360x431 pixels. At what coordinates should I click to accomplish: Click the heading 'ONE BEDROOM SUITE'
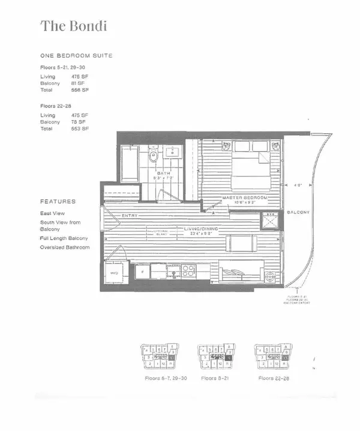[x=76, y=56]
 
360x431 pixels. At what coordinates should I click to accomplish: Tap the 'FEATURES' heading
[x=58, y=202]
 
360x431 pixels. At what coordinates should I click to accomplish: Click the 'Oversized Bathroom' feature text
[x=65, y=247]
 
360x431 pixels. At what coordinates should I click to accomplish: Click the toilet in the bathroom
[x=153, y=157]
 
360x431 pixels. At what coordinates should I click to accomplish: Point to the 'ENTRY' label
[x=130, y=216]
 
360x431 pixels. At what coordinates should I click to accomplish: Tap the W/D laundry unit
[x=114, y=273]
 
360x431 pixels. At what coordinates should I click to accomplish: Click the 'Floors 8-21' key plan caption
[x=213, y=379]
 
